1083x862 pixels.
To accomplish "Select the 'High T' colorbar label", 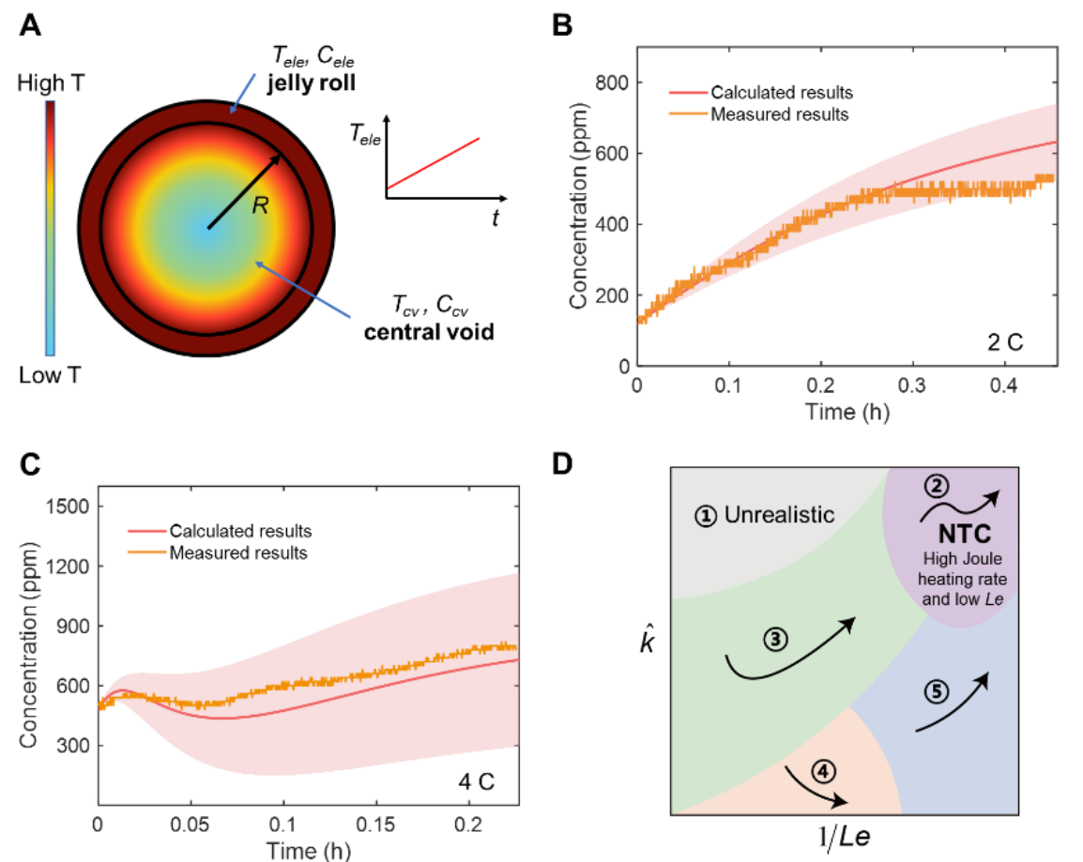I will [51, 83].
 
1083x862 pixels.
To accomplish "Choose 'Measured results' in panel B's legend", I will [779, 114].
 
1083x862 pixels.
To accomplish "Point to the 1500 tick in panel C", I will [67, 507].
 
